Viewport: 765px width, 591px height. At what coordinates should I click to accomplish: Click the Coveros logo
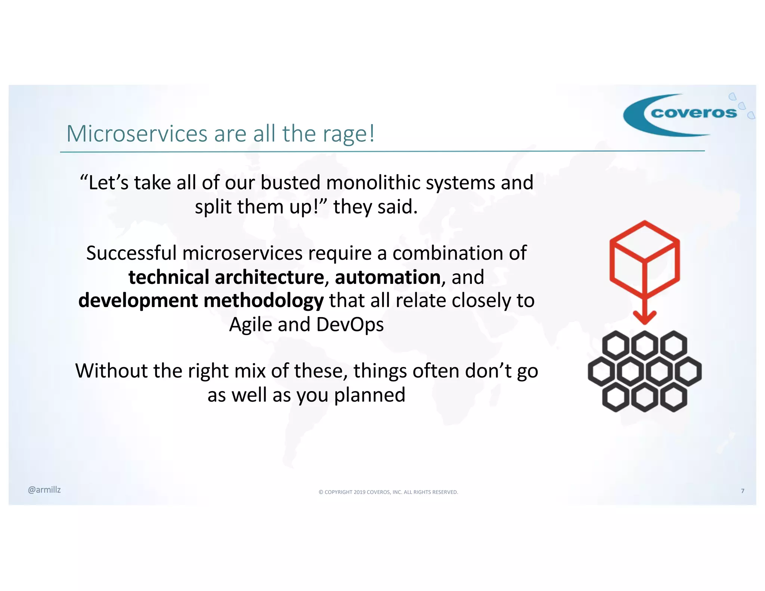[687, 114]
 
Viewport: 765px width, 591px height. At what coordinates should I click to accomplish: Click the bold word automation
[387, 277]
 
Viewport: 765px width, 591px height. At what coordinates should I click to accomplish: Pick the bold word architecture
[269, 277]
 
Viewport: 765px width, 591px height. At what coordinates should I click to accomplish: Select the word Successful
[131, 253]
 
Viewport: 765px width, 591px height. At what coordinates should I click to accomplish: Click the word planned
[369, 395]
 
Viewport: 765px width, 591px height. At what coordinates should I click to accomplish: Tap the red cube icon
[644, 254]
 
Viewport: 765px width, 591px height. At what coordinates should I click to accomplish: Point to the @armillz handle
[44, 490]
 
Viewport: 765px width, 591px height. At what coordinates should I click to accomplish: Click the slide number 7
[743, 491]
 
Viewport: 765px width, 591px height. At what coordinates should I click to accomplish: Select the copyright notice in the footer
[388, 492]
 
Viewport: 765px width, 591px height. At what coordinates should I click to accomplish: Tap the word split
[213, 207]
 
